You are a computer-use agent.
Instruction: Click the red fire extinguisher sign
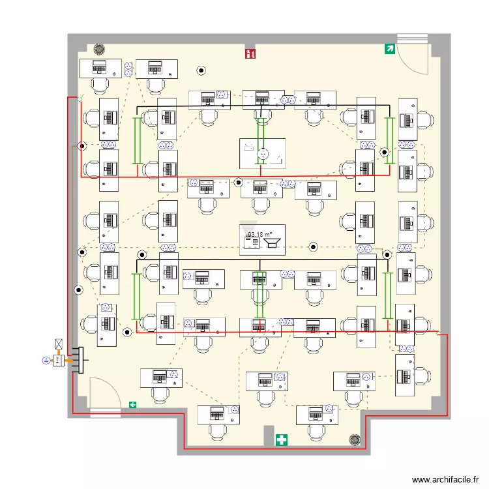click(x=250, y=53)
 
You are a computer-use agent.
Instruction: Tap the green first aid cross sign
click(x=281, y=440)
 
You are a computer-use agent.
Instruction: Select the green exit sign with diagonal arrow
click(x=390, y=49)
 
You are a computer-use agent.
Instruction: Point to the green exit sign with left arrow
click(x=132, y=405)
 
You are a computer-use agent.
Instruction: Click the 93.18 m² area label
click(x=259, y=234)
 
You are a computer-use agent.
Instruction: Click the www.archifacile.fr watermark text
click(x=445, y=479)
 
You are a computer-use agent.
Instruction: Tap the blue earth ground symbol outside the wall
click(x=46, y=361)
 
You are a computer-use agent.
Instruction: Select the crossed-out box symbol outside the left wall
click(x=59, y=344)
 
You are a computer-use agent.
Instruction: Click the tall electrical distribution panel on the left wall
click(x=81, y=360)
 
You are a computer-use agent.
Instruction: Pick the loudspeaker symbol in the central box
click(x=272, y=243)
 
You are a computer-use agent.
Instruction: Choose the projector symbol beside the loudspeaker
click(x=252, y=242)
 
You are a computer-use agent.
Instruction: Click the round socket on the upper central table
click(x=263, y=154)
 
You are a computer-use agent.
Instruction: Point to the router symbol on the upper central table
click(x=248, y=147)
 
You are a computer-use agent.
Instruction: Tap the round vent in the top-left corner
click(x=99, y=50)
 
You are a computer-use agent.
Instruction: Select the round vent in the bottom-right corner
click(x=355, y=439)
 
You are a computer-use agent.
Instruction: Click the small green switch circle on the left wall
click(x=80, y=99)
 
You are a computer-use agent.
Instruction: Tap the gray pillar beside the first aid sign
click(x=269, y=435)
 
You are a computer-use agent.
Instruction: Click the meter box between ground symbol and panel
click(x=59, y=361)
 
